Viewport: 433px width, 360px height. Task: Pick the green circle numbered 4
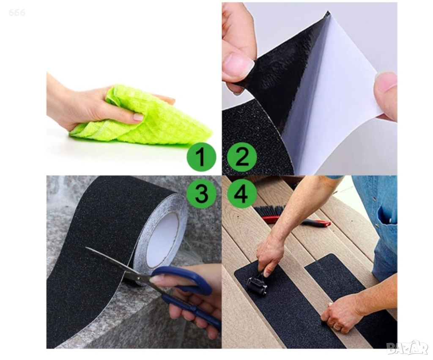pos(242,193)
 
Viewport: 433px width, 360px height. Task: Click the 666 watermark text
pos(17,12)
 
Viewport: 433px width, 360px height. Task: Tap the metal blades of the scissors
pos(116,262)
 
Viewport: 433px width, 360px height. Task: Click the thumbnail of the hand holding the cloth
pos(138,117)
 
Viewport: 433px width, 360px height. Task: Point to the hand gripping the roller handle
pos(269,257)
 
